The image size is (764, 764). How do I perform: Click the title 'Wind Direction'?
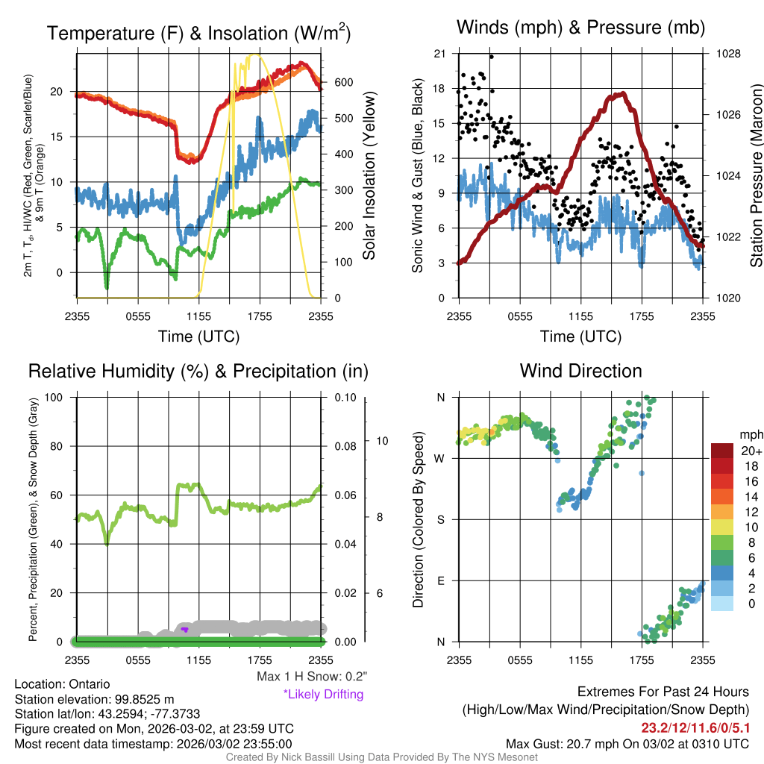(580, 371)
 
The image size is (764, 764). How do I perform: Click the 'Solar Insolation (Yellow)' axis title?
(369, 176)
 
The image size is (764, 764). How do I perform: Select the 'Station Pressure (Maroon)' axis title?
(756, 176)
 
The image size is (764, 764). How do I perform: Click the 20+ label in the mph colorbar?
(751, 451)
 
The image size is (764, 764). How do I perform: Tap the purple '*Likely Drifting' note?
(323, 695)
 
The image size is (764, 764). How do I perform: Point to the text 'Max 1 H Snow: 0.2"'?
(311, 677)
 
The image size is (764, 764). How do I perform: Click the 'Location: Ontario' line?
(62, 684)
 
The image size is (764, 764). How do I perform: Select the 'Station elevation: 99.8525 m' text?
(94, 699)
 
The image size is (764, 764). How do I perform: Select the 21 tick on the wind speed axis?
(439, 54)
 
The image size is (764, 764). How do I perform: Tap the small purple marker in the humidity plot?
(184, 630)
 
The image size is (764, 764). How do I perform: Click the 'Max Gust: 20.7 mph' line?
(627, 744)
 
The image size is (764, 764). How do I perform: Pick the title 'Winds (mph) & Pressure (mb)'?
(580, 28)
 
